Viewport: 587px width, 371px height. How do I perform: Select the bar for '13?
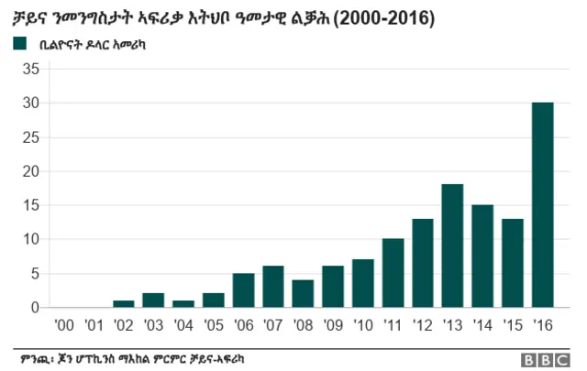point(452,246)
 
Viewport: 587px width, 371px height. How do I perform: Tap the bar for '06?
point(244,289)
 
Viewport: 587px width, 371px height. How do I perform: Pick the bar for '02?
point(124,303)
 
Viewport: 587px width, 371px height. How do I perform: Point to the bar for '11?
point(393,273)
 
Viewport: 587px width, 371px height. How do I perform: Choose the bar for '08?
point(303,293)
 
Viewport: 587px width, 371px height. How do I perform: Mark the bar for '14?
point(482,256)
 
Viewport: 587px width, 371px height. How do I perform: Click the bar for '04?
point(183,303)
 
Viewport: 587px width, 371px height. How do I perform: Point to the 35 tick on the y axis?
point(31,70)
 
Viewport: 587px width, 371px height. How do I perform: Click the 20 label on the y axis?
point(31,171)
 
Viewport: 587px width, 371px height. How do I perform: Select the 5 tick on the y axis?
point(35,273)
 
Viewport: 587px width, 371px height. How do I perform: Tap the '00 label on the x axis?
point(64,324)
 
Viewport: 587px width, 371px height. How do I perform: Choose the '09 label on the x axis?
point(333,324)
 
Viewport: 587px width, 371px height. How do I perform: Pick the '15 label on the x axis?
point(512,324)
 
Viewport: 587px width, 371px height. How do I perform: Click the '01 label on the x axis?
point(94,324)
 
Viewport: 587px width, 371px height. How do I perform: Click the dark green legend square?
point(19,43)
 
